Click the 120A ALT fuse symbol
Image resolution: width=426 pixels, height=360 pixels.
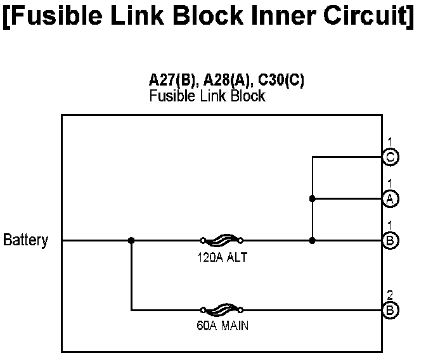tap(221, 240)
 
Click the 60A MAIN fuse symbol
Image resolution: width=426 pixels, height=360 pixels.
tap(221, 310)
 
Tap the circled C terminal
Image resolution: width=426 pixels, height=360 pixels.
tap(391, 157)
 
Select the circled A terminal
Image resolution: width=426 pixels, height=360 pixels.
tap(391, 198)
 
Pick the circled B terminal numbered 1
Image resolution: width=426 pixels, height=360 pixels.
tap(391, 240)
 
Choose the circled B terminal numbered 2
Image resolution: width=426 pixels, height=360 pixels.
tap(391, 310)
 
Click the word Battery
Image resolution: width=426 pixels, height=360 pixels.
tap(25, 240)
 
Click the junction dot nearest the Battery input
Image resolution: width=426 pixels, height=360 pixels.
tap(131, 240)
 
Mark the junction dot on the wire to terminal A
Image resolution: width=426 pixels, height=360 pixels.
tap(312, 198)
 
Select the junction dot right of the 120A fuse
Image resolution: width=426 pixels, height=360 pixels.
tap(312, 240)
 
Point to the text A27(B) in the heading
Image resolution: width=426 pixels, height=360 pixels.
tap(169, 81)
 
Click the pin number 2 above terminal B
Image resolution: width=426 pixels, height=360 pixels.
tap(390, 295)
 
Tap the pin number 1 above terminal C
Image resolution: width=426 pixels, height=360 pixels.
tap(390, 141)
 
